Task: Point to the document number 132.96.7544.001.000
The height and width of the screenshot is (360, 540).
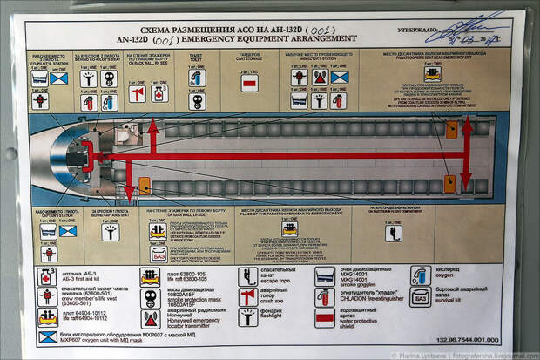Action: (x=469, y=341)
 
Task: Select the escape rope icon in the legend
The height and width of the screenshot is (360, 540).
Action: (x=248, y=277)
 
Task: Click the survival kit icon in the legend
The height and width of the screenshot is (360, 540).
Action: (x=421, y=296)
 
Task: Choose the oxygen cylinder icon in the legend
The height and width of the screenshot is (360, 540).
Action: (x=421, y=275)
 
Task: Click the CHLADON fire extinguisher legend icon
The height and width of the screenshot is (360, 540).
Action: (x=325, y=296)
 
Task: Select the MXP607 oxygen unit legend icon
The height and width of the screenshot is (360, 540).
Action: (x=48, y=336)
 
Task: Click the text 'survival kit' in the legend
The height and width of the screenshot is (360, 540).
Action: (x=453, y=301)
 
